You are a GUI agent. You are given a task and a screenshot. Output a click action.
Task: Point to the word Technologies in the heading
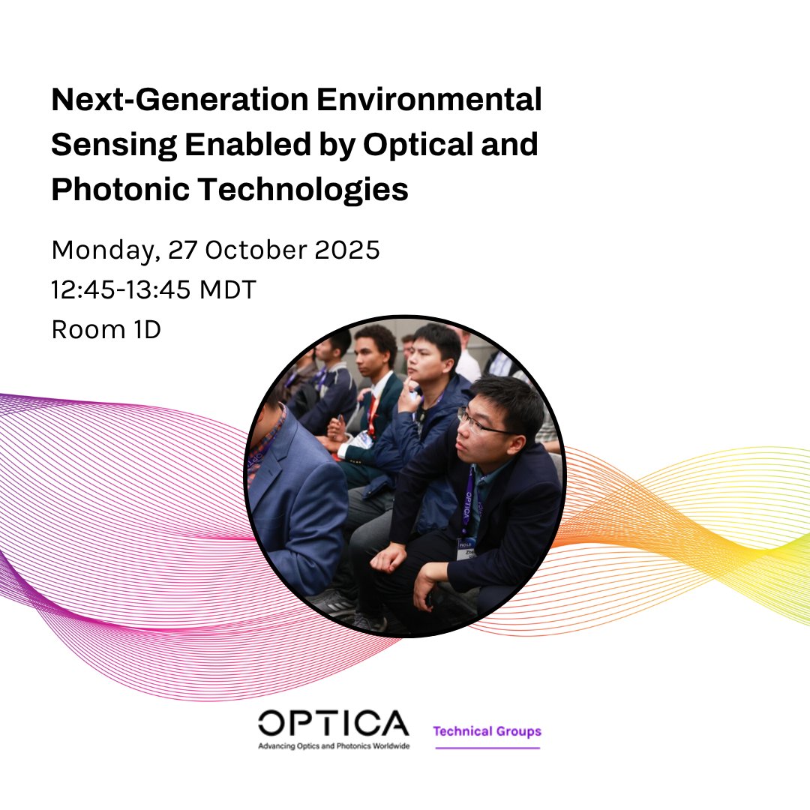click(x=302, y=190)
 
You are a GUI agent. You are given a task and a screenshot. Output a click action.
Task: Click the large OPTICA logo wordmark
click(x=333, y=724)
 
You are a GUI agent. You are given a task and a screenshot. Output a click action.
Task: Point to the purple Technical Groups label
click(x=487, y=731)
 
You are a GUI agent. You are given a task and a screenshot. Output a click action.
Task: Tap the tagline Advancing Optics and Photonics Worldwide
click(x=333, y=747)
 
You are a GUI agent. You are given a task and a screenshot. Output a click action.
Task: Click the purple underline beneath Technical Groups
click(x=487, y=748)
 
